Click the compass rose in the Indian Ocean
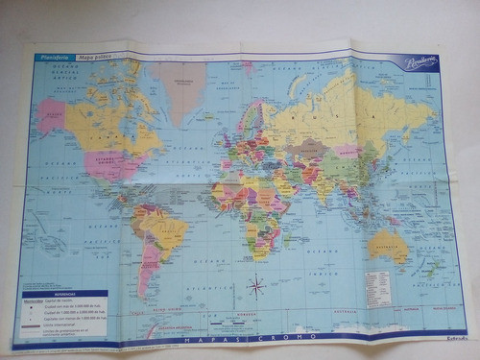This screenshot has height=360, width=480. [256, 285]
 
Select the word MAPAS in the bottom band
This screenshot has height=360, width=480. [221, 338]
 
